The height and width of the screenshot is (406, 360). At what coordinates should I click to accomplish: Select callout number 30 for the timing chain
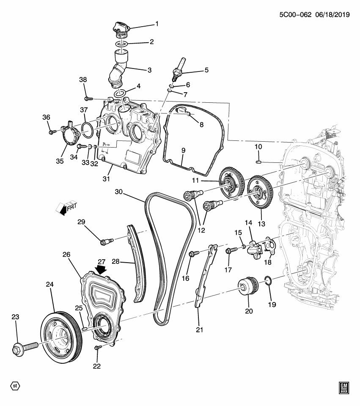click(x=120, y=192)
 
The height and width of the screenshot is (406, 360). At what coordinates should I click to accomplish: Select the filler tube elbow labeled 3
click(x=118, y=70)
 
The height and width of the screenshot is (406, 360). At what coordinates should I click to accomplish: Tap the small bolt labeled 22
click(x=98, y=347)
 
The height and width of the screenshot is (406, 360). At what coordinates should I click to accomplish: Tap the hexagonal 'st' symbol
click(x=15, y=386)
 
